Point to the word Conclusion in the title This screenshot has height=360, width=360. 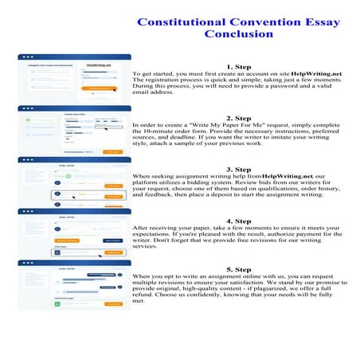239,34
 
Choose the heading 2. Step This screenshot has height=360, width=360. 239,118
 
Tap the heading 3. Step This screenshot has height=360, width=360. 239,169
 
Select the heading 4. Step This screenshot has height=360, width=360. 239,221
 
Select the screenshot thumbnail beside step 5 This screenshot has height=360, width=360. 71,284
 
